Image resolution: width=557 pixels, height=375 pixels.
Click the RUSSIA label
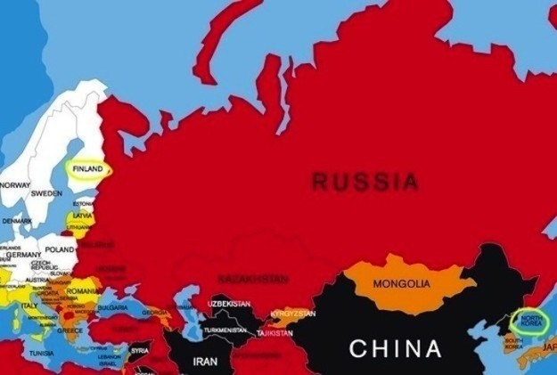[365, 183]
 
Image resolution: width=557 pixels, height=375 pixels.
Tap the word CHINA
[395, 348]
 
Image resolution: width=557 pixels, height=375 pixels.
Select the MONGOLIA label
[401, 284]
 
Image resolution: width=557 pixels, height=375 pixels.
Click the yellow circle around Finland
[88, 169]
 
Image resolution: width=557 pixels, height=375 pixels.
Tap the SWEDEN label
[46, 193]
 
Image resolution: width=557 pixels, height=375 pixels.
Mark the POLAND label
[61, 250]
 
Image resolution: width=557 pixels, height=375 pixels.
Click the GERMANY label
[24, 255]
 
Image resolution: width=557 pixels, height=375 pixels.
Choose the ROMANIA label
[83, 291]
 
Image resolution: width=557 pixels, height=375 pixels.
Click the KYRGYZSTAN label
[293, 314]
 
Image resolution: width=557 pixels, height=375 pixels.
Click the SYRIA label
[140, 350]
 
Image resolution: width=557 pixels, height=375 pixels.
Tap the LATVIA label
[83, 216]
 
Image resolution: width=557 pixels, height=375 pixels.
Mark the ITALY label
[29, 306]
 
